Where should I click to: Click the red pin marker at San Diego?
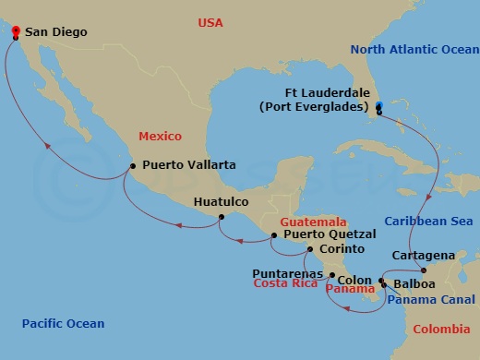click(16, 31)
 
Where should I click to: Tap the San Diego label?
click(56, 32)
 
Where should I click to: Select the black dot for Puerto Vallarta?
click(133, 166)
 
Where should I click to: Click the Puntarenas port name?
click(288, 274)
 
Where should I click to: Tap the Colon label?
click(354, 280)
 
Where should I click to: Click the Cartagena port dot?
click(421, 270)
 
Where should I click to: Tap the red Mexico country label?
click(160, 136)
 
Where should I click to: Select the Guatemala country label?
click(315, 222)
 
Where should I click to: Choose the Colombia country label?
click(440, 330)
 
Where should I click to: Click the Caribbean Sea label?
click(428, 222)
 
